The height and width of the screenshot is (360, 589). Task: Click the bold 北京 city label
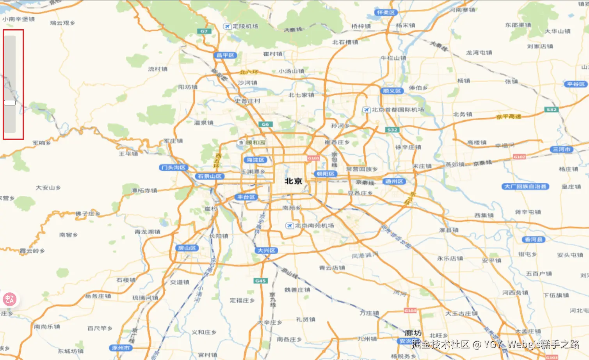(x=293, y=181)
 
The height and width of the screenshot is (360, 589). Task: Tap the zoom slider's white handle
(x=10, y=103)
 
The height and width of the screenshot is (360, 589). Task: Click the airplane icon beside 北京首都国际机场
(x=366, y=110)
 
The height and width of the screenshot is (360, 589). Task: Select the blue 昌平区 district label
(x=225, y=55)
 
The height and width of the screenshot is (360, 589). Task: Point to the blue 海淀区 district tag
(x=255, y=160)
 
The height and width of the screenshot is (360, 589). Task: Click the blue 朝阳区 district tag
(x=325, y=174)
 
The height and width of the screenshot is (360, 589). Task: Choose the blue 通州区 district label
(x=394, y=182)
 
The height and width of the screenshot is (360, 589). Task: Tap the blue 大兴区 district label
(x=267, y=250)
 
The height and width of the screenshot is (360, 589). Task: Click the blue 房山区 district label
(x=187, y=248)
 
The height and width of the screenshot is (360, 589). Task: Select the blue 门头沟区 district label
(x=174, y=168)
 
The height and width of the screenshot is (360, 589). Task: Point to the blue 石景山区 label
(x=210, y=176)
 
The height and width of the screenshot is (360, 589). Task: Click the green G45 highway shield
(x=260, y=281)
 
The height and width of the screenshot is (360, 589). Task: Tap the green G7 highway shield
(x=204, y=31)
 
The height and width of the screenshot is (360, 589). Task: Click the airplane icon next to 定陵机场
(x=227, y=26)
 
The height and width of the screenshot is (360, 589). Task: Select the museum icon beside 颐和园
(x=241, y=143)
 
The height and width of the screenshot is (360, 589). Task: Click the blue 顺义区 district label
(x=391, y=91)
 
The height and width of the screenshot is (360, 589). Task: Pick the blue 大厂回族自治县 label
(x=525, y=187)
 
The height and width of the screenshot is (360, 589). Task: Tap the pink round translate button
(x=9, y=299)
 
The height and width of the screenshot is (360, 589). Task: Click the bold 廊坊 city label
(x=413, y=333)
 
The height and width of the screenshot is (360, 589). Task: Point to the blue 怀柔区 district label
(x=386, y=12)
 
